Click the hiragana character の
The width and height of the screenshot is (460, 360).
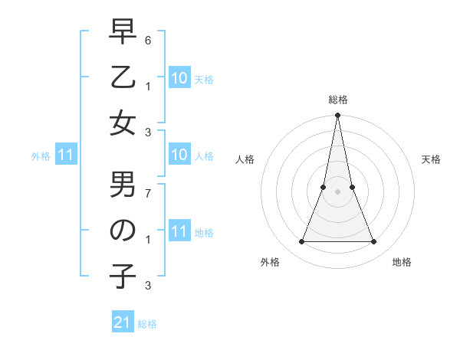123,231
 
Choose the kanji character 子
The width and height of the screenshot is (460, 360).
123,277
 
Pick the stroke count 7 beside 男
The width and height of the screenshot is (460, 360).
148,193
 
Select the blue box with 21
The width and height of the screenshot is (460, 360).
123,322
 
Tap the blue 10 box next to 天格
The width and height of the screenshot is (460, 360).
179,78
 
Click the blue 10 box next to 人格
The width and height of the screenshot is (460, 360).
179,155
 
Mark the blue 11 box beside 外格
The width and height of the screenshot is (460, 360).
66,155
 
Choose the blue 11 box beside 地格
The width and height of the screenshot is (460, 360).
179,231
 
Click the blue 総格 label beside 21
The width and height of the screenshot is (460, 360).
147,324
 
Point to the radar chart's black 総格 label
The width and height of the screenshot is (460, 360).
337,100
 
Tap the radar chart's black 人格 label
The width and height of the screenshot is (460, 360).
245,159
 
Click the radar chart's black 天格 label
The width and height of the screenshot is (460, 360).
431,159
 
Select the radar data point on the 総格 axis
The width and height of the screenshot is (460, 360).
337,116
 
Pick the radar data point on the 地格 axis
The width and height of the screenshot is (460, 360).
374,242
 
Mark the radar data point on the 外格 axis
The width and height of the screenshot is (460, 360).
301,242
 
